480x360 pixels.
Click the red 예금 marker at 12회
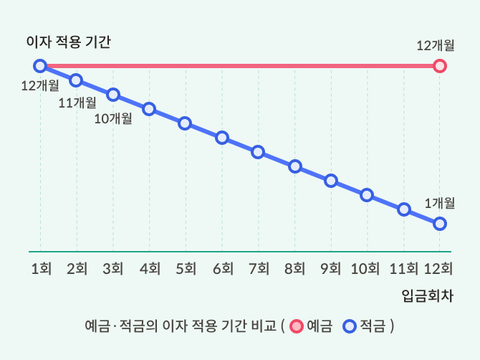tap(440, 66)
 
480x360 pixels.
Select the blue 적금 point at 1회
tap(40, 66)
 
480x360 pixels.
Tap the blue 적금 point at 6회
tap(222, 138)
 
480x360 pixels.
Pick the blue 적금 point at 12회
tap(440, 224)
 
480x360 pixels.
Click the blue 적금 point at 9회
tap(331, 181)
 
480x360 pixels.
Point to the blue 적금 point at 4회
tap(149, 109)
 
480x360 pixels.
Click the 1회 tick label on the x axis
tap(40, 269)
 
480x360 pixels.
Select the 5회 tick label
tap(186, 269)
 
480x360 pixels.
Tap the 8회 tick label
tap(294, 269)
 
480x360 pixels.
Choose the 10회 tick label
tap(365, 269)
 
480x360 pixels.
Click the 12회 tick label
tap(438, 269)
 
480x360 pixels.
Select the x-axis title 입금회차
tap(427, 295)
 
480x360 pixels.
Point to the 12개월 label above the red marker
tap(435, 45)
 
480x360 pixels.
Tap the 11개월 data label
tap(77, 103)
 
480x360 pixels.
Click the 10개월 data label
tap(113, 118)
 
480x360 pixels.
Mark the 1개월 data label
tap(439, 203)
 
